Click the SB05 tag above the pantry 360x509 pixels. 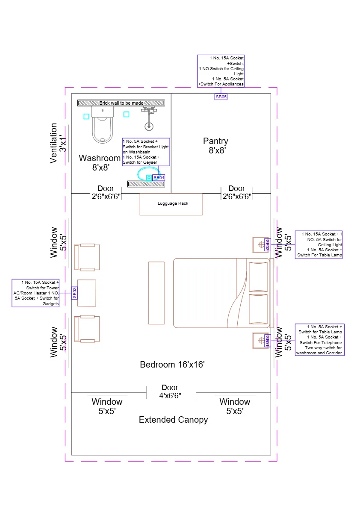pyautogui.click(x=221, y=97)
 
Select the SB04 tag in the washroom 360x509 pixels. pyautogui.click(x=159, y=177)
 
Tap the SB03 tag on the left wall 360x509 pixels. pyautogui.click(x=74, y=293)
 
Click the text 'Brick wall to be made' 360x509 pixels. pyautogui.click(x=121, y=103)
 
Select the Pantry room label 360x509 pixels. pyautogui.click(x=215, y=145)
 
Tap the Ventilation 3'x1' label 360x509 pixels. pyautogui.click(x=58, y=143)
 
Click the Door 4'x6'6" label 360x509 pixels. pyautogui.click(x=170, y=392)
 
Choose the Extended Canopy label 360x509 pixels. pyautogui.click(x=173, y=420)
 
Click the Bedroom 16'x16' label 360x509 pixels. pyautogui.click(x=172, y=365)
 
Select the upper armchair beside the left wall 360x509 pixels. pyautogui.click(x=87, y=257)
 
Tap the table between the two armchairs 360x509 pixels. pyautogui.click(x=87, y=293)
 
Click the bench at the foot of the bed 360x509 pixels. pyautogui.click(x=156, y=293)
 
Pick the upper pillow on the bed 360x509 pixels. pyautogui.click(x=258, y=277)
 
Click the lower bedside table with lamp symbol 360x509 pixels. pyautogui.click(x=260, y=341)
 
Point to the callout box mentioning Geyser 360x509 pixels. pyautogui.click(x=146, y=152)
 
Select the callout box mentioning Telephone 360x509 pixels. pyautogui.click(x=319, y=340)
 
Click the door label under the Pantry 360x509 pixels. pyautogui.click(x=236, y=192)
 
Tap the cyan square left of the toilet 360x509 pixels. pyautogui.click(x=86, y=116)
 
